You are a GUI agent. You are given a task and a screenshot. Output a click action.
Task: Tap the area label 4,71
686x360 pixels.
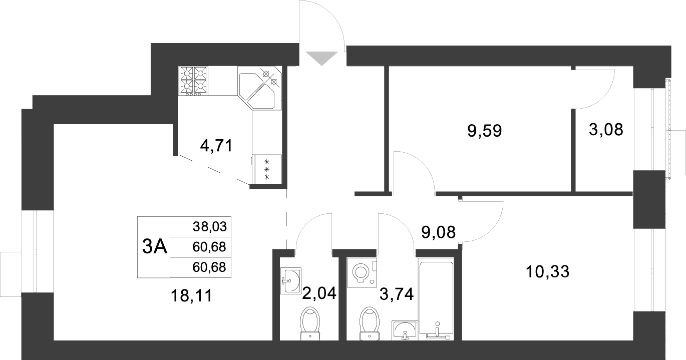(x=216, y=146)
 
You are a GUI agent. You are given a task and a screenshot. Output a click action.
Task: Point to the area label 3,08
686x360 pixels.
(x=605, y=130)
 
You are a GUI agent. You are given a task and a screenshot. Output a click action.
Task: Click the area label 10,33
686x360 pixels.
(x=548, y=272)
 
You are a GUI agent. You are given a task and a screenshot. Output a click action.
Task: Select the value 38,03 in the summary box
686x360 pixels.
(x=210, y=227)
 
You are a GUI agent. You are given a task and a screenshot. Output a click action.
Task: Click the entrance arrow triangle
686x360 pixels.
(x=321, y=58)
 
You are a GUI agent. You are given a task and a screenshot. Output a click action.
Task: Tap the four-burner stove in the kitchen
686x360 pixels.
(x=193, y=81)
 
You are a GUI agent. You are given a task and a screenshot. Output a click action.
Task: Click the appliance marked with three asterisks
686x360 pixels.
(x=267, y=169)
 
